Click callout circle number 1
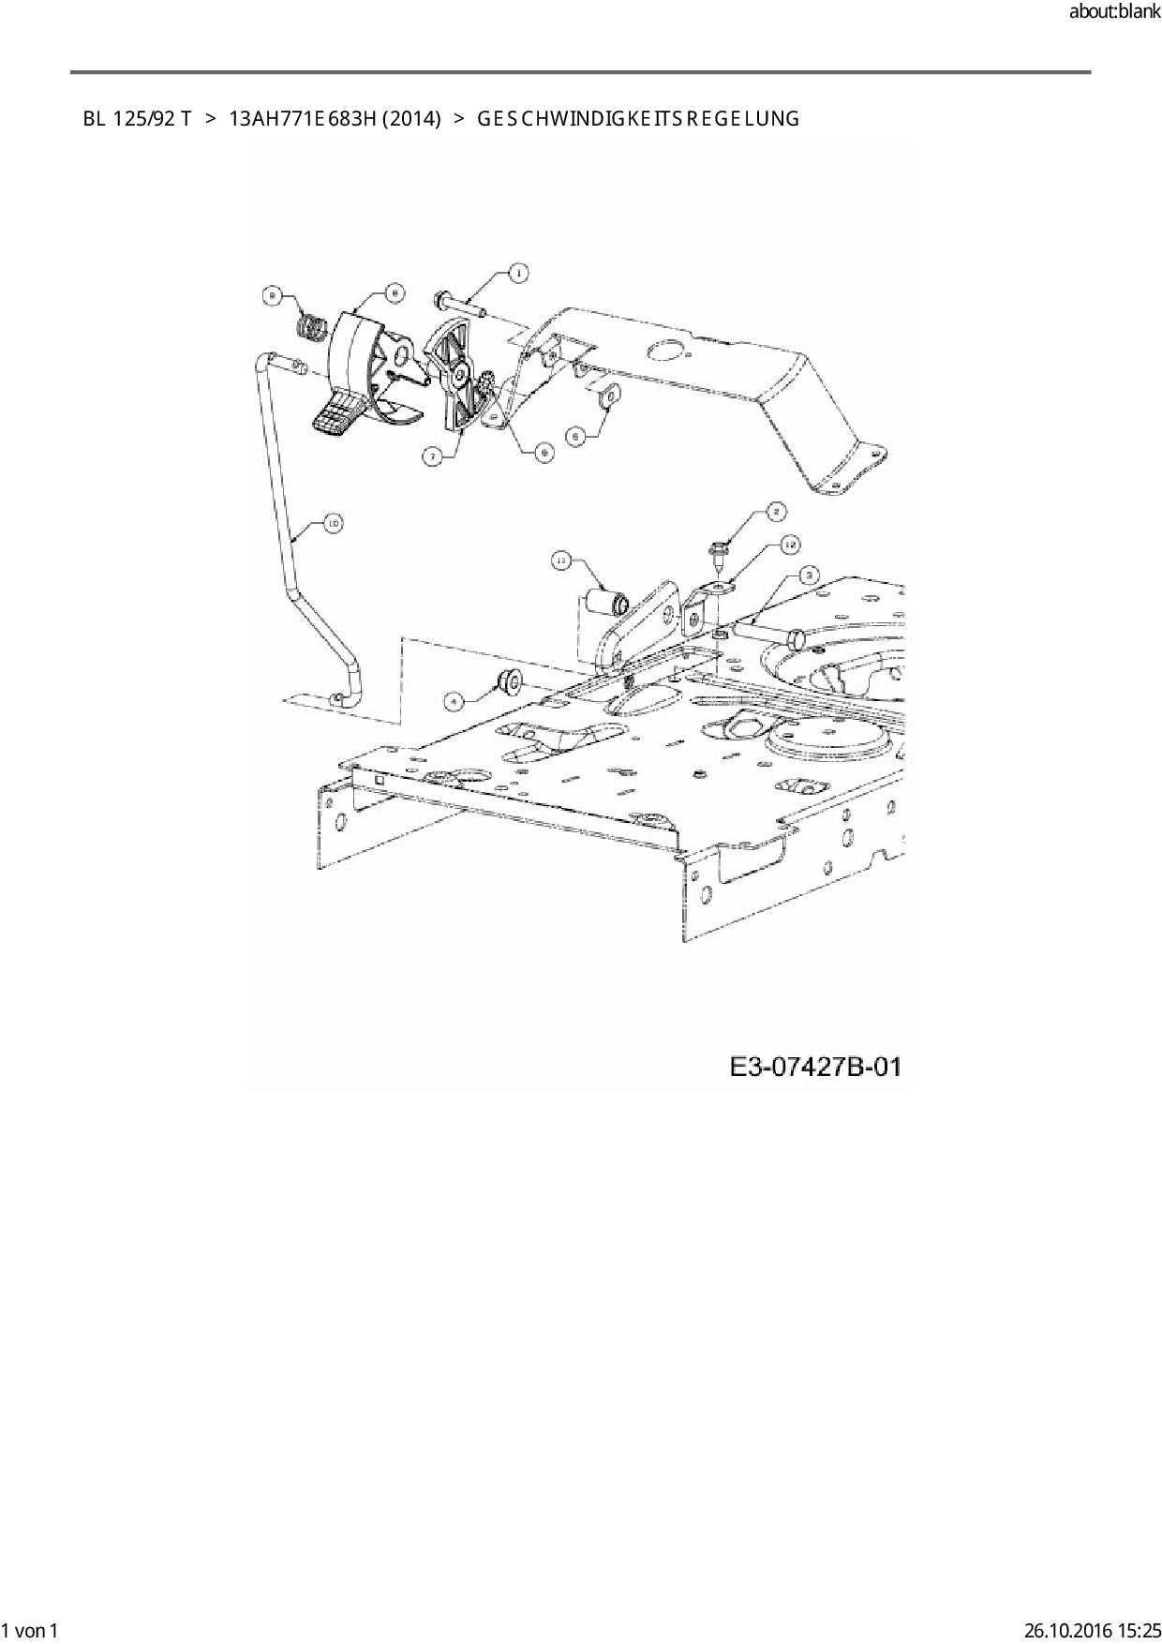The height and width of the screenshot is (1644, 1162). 516,273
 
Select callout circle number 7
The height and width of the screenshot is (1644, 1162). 432,456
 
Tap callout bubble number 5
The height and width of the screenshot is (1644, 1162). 577,435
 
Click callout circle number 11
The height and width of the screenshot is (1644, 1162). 561,560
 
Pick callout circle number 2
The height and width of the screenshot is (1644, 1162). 776,511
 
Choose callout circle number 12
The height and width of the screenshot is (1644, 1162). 790,544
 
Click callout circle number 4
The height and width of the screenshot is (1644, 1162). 454,699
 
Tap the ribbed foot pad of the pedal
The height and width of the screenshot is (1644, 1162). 336,415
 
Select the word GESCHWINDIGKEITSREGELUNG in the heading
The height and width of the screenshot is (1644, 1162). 638,119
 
